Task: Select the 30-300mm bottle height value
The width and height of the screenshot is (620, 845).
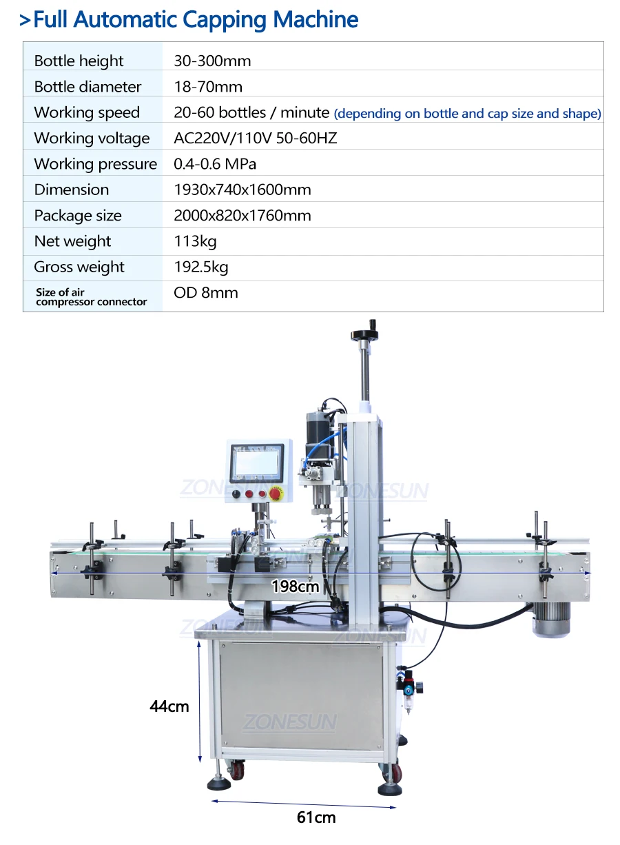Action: (x=212, y=61)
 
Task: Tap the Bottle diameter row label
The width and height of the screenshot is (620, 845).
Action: (x=87, y=87)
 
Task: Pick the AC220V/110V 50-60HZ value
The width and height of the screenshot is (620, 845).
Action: (x=256, y=138)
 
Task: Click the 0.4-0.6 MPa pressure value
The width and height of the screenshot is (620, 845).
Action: (x=215, y=164)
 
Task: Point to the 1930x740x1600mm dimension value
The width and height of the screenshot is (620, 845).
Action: (x=242, y=190)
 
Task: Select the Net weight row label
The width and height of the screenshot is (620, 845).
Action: (x=72, y=241)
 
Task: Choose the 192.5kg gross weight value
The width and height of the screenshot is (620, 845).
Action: (x=201, y=267)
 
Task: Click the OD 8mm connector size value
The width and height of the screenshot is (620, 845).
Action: (x=206, y=293)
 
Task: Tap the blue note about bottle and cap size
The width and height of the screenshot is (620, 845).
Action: (x=467, y=113)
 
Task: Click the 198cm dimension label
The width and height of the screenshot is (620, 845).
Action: (x=296, y=587)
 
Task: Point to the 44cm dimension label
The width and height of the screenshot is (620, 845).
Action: (x=169, y=706)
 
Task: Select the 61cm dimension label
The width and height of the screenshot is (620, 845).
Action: (x=316, y=817)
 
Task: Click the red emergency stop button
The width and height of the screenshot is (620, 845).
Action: (x=276, y=493)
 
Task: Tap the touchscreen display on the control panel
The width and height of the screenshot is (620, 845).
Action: (x=257, y=463)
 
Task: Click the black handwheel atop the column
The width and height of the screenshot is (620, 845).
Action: (x=364, y=334)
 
